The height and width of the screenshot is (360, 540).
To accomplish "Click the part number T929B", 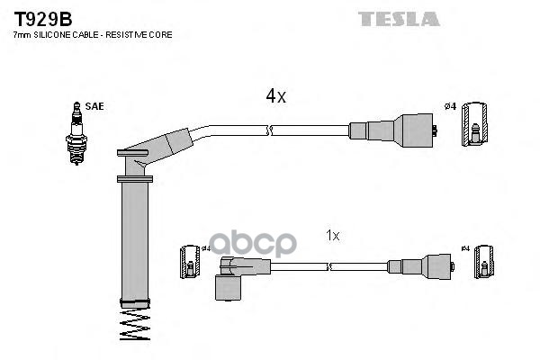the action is click(42, 19).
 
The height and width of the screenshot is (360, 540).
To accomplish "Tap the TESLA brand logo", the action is click(399, 19).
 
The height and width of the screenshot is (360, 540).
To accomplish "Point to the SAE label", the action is click(94, 106).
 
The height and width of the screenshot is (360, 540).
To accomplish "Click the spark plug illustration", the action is click(76, 134).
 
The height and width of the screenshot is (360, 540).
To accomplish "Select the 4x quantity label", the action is click(275, 95).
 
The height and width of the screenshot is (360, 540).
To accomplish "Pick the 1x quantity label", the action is click(333, 236).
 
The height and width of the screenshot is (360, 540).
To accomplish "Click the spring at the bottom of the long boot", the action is click(135, 325).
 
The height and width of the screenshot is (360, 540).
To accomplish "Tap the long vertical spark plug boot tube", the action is click(135, 241).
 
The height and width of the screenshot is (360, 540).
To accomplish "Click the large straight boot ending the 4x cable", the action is click(392, 130).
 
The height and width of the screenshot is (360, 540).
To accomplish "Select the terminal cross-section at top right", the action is click(474, 124).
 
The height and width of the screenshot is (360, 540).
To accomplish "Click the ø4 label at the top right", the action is click(450, 106).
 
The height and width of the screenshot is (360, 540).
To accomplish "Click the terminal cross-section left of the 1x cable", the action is click(190, 262).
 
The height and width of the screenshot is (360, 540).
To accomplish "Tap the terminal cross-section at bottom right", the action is click(484, 262).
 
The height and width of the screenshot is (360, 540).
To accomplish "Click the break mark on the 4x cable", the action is click(270, 130).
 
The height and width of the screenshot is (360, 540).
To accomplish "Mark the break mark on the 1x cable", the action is click(329, 266).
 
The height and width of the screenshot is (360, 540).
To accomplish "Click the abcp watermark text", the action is click(253, 244).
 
